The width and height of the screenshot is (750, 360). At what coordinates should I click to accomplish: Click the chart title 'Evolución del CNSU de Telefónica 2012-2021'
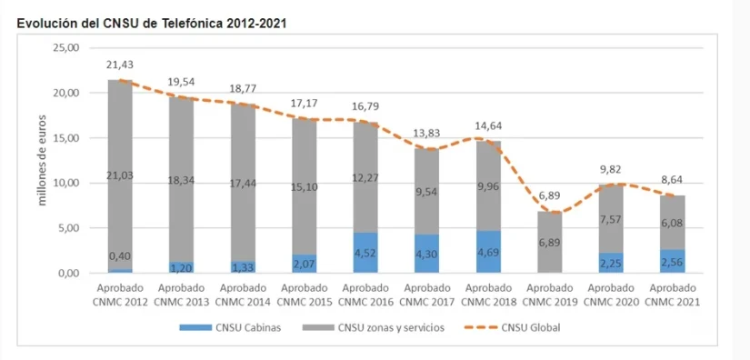(x=152, y=23)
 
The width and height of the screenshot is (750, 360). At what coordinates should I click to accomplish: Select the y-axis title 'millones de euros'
(x=42, y=160)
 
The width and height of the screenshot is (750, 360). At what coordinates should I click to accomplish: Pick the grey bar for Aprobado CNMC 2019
(x=548, y=242)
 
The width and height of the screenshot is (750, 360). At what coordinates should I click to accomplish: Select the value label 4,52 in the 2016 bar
(x=366, y=254)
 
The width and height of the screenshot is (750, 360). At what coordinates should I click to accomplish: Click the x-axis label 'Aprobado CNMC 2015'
(x=305, y=295)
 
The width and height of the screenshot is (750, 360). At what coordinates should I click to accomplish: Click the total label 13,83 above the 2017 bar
(x=426, y=134)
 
